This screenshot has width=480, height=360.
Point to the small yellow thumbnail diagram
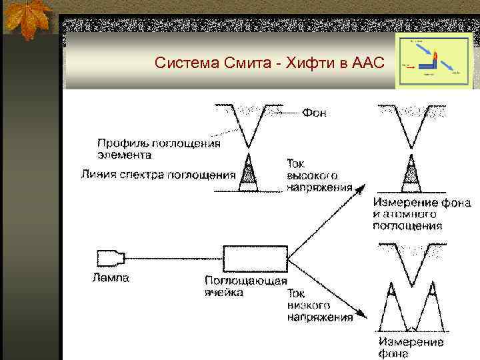(433, 61)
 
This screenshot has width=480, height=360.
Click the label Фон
(315, 113)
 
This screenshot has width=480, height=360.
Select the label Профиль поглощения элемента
(159, 148)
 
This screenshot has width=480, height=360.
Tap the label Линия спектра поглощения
(159, 175)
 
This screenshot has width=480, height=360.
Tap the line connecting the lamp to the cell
(173, 257)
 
